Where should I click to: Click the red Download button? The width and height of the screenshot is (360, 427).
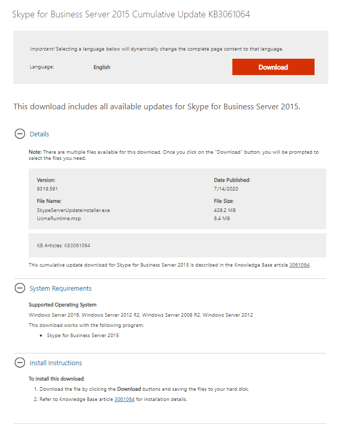pos(273,67)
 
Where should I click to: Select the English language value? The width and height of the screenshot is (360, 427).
pos(102,67)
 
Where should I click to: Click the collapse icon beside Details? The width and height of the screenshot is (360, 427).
pos(19,134)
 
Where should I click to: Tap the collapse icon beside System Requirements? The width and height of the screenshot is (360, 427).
pos(19,289)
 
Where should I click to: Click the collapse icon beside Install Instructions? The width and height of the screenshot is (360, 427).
pos(19,363)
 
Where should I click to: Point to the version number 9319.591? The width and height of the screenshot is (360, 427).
pos(47,189)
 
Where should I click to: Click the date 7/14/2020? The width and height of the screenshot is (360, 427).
pos(226,189)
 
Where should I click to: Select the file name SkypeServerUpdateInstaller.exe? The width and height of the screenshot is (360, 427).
pos(73,210)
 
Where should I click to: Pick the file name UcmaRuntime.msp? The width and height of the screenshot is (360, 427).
pos(59,219)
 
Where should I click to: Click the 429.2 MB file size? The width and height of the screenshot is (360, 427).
pos(225,210)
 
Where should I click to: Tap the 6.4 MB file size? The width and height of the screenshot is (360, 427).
pos(222,219)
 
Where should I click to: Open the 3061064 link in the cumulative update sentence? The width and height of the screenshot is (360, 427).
pos(299,265)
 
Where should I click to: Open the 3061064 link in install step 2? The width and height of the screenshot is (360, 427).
pos(124,399)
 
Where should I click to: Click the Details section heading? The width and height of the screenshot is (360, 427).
pos(39,134)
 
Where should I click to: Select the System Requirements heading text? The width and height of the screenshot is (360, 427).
pos(61,289)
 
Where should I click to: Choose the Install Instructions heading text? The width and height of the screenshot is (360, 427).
pos(56,363)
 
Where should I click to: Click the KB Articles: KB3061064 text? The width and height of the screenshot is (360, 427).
pos(63,246)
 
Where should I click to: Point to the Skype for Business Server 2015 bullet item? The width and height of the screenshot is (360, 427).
pos(82,336)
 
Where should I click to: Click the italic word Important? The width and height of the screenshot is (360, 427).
pos(42,49)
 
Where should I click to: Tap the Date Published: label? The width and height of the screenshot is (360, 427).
pos(232,180)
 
